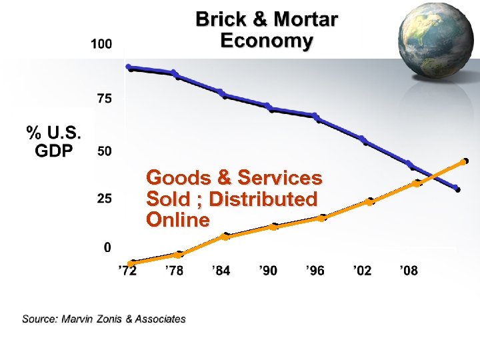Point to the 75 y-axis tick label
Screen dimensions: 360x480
pos(104,99)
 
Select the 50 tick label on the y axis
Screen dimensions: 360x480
pos(104,151)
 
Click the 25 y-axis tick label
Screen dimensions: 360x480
pos(104,199)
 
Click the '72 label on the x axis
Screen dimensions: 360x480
pos(127,271)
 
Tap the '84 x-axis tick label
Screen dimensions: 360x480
pos(221,271)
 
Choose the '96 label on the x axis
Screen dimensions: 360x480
pos(315,271)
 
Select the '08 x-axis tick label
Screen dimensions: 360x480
pos(409,271)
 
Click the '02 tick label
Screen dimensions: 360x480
pos(362,271)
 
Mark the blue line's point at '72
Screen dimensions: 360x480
pos(129,67)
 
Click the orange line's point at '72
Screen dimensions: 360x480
pos(131,263)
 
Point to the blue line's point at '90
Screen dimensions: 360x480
pos(269,107)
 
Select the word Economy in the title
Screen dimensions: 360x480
pos(266,41)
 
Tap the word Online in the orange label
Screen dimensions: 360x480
pos(177,220)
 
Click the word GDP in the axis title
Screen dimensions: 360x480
pos(53,151)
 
